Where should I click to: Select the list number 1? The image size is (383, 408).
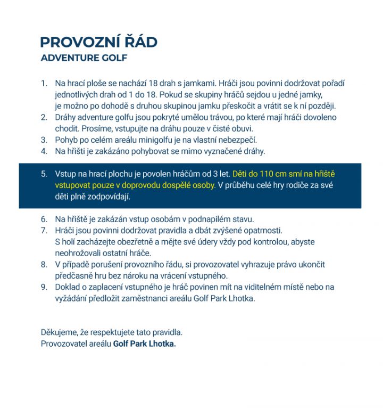coord(44,84)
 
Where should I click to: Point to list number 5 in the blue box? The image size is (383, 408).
coord(44,174)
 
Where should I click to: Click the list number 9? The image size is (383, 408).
coord(44,287)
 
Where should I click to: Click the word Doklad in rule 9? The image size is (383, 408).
coord(68,287)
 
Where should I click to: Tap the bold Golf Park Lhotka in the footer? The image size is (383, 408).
coord(144,344)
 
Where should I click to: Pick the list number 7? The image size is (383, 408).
coord(44,231)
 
